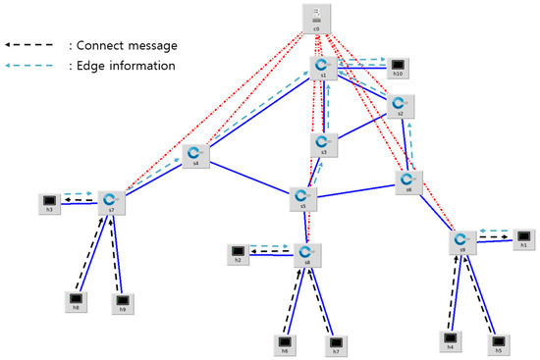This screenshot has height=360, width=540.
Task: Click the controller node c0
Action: coord(317,18)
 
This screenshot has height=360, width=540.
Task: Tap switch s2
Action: coord(401,105)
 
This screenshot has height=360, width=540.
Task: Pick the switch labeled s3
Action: coord(323,143)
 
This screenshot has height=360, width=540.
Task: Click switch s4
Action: coord(195,155)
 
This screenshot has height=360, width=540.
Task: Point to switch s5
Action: coord(303,198)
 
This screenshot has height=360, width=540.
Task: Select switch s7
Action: coord(113,202)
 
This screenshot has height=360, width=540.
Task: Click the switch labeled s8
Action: coord(307,255)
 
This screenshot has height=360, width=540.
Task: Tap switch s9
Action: coord(461,241)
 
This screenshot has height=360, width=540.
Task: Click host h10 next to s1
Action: coord(398,67)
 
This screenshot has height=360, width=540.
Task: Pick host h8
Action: coord(76,300)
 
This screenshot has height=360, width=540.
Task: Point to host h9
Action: coord(122,301)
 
